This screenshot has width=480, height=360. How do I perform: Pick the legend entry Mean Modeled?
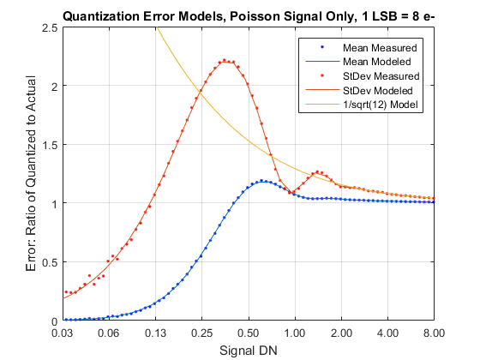[x=377, y=62]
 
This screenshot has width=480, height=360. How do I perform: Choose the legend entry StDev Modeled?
[x=377, y=90]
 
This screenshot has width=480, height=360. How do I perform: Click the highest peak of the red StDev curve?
[x=225, y=61]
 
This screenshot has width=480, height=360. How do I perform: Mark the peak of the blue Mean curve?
[x=262, y=181]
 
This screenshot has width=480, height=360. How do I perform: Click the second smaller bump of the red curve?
[x=317, y=172]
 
